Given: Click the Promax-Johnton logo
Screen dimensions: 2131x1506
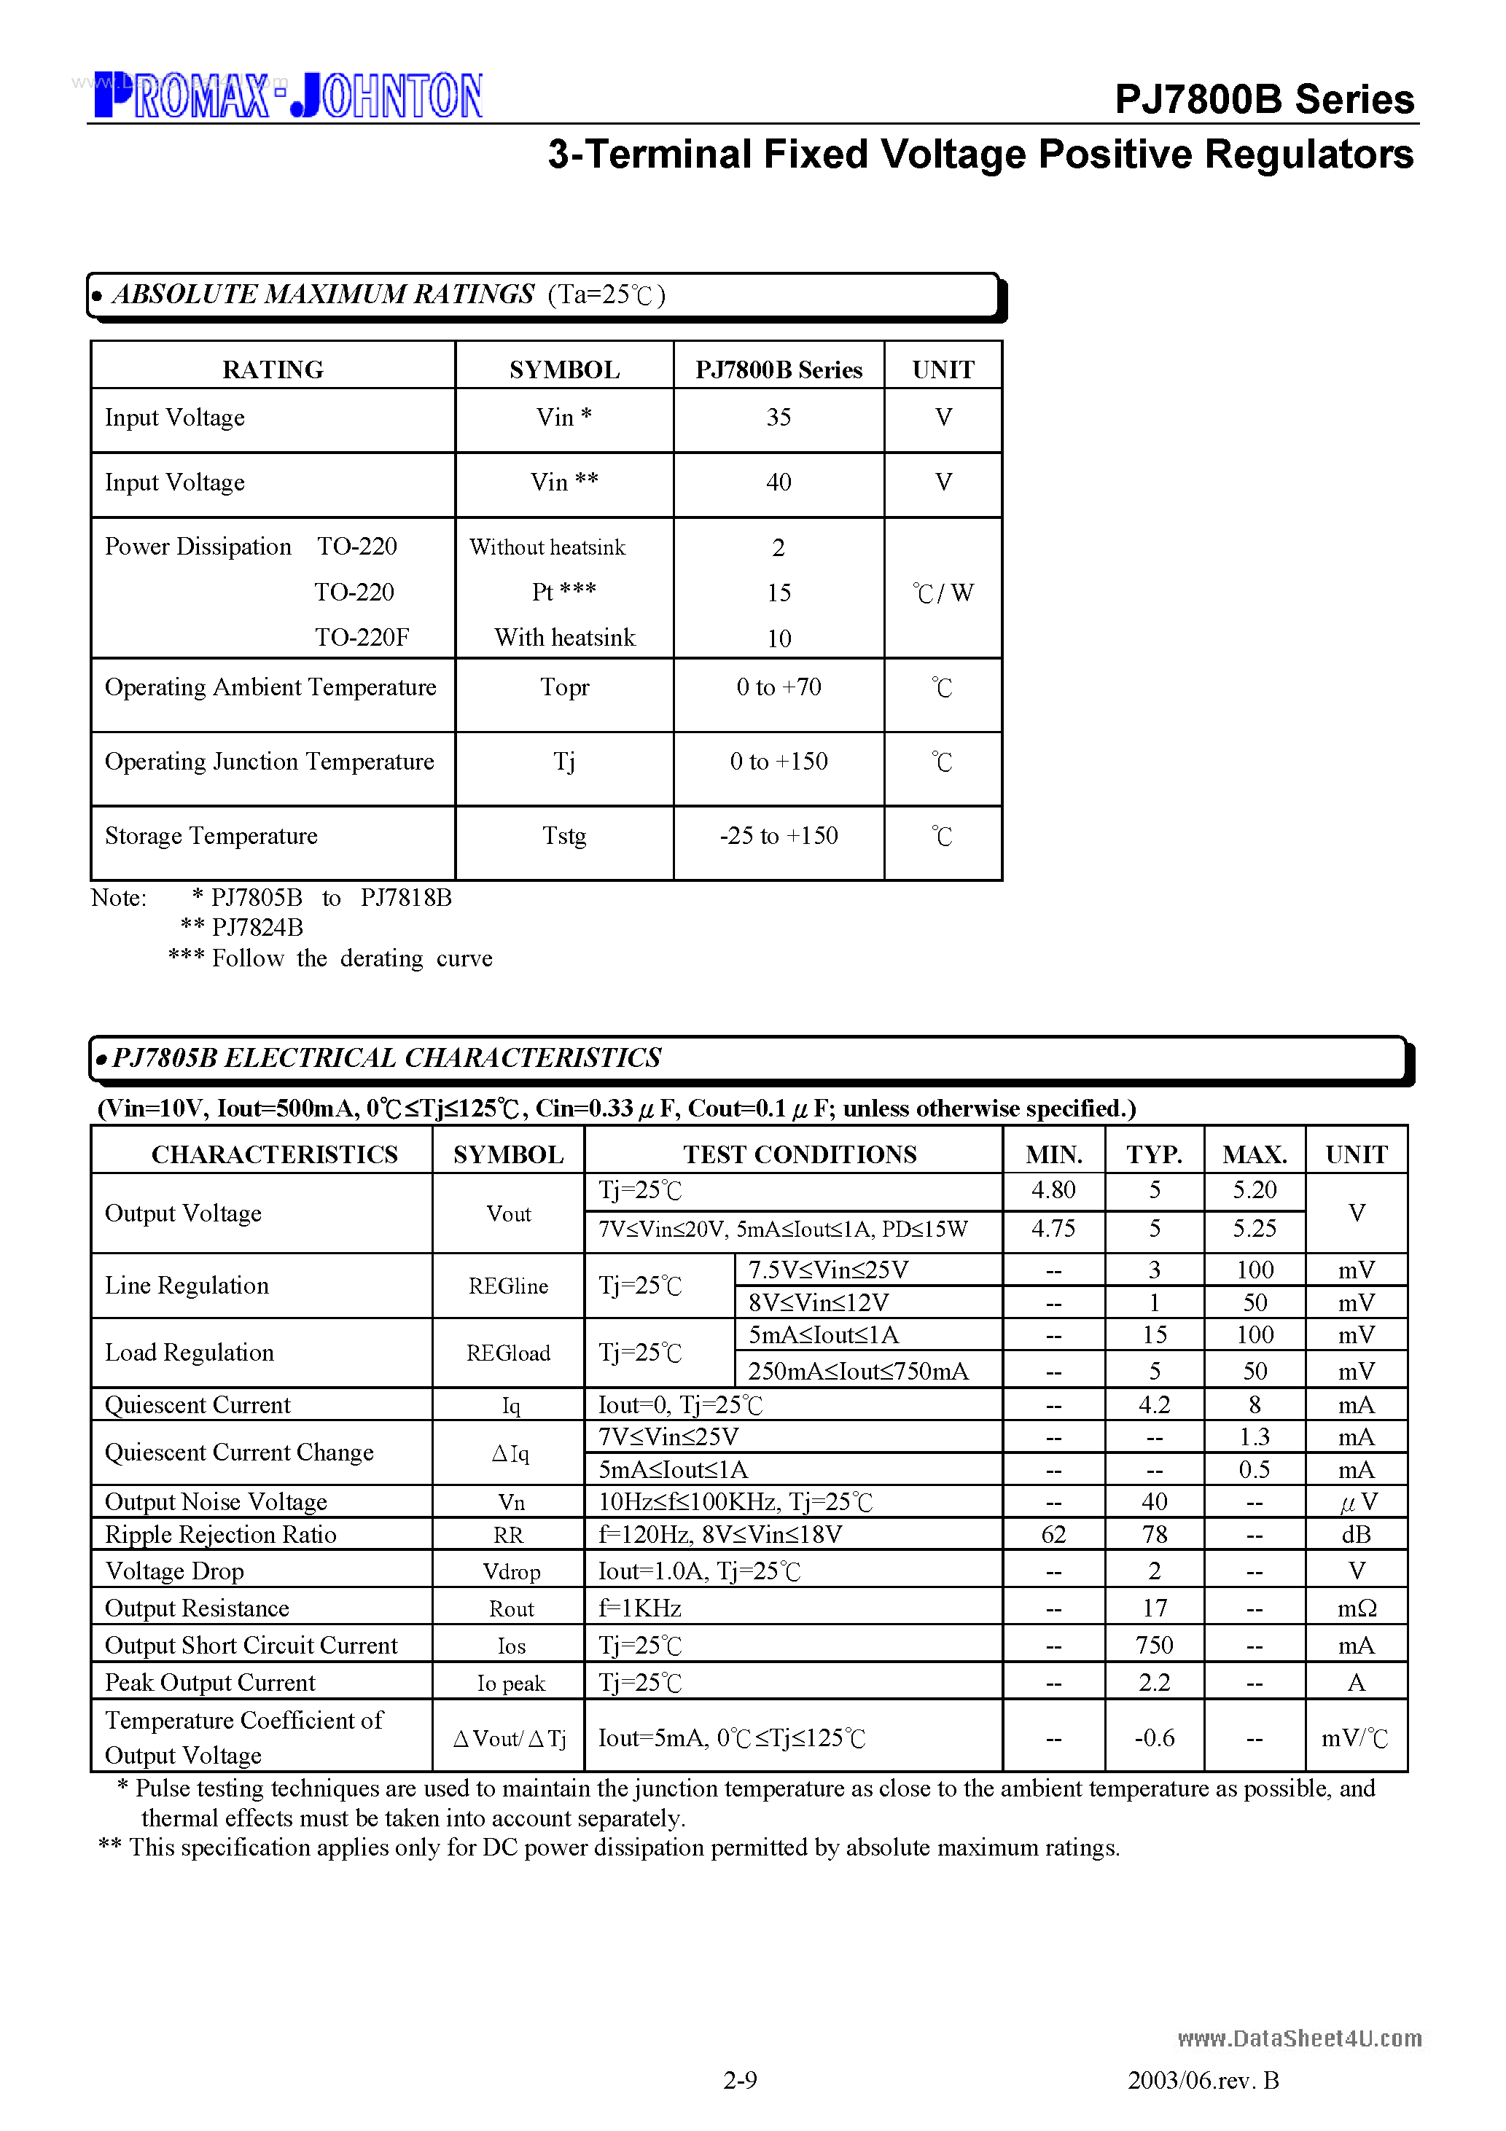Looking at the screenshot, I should click(x=288, y=95).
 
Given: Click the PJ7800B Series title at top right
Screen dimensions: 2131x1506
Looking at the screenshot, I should click(x=1263, y=99).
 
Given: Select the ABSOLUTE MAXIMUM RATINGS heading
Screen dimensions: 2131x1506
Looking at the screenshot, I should click(x=323, y=294).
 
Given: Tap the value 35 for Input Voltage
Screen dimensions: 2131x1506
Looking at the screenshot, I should click(x=778, y=418).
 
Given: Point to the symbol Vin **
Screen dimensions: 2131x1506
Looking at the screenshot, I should click(x=563, y=482).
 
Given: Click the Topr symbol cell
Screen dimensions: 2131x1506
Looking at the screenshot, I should click(x=563, y=688).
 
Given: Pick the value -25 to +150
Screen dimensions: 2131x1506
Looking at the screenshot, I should click(x=778, y=836).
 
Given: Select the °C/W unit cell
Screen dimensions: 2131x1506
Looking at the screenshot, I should click(x=943, y=593).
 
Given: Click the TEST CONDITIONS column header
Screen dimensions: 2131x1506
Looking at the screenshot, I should click(x=800, y=1154).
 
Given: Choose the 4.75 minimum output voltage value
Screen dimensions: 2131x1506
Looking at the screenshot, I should click(x=1053, y=1229).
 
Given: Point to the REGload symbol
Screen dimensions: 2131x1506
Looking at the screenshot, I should click(x=508, y=1353).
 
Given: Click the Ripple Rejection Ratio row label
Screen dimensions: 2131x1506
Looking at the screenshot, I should click(x=220, y=1535).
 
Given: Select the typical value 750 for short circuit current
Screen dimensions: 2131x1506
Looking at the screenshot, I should click(x=1154, y=1646).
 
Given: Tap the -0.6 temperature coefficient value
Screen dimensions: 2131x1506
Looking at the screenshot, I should click(x=1154, y=1738).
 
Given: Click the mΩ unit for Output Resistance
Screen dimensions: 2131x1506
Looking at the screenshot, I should click(x=1356, y=1608).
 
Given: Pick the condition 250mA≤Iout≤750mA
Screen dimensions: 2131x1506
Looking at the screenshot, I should click(x=858, y=1372).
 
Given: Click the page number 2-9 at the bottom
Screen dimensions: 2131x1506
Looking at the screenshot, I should click(x=740, y=2080).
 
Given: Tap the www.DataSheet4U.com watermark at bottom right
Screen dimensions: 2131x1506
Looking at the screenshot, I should click(x=1299, y=2038).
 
